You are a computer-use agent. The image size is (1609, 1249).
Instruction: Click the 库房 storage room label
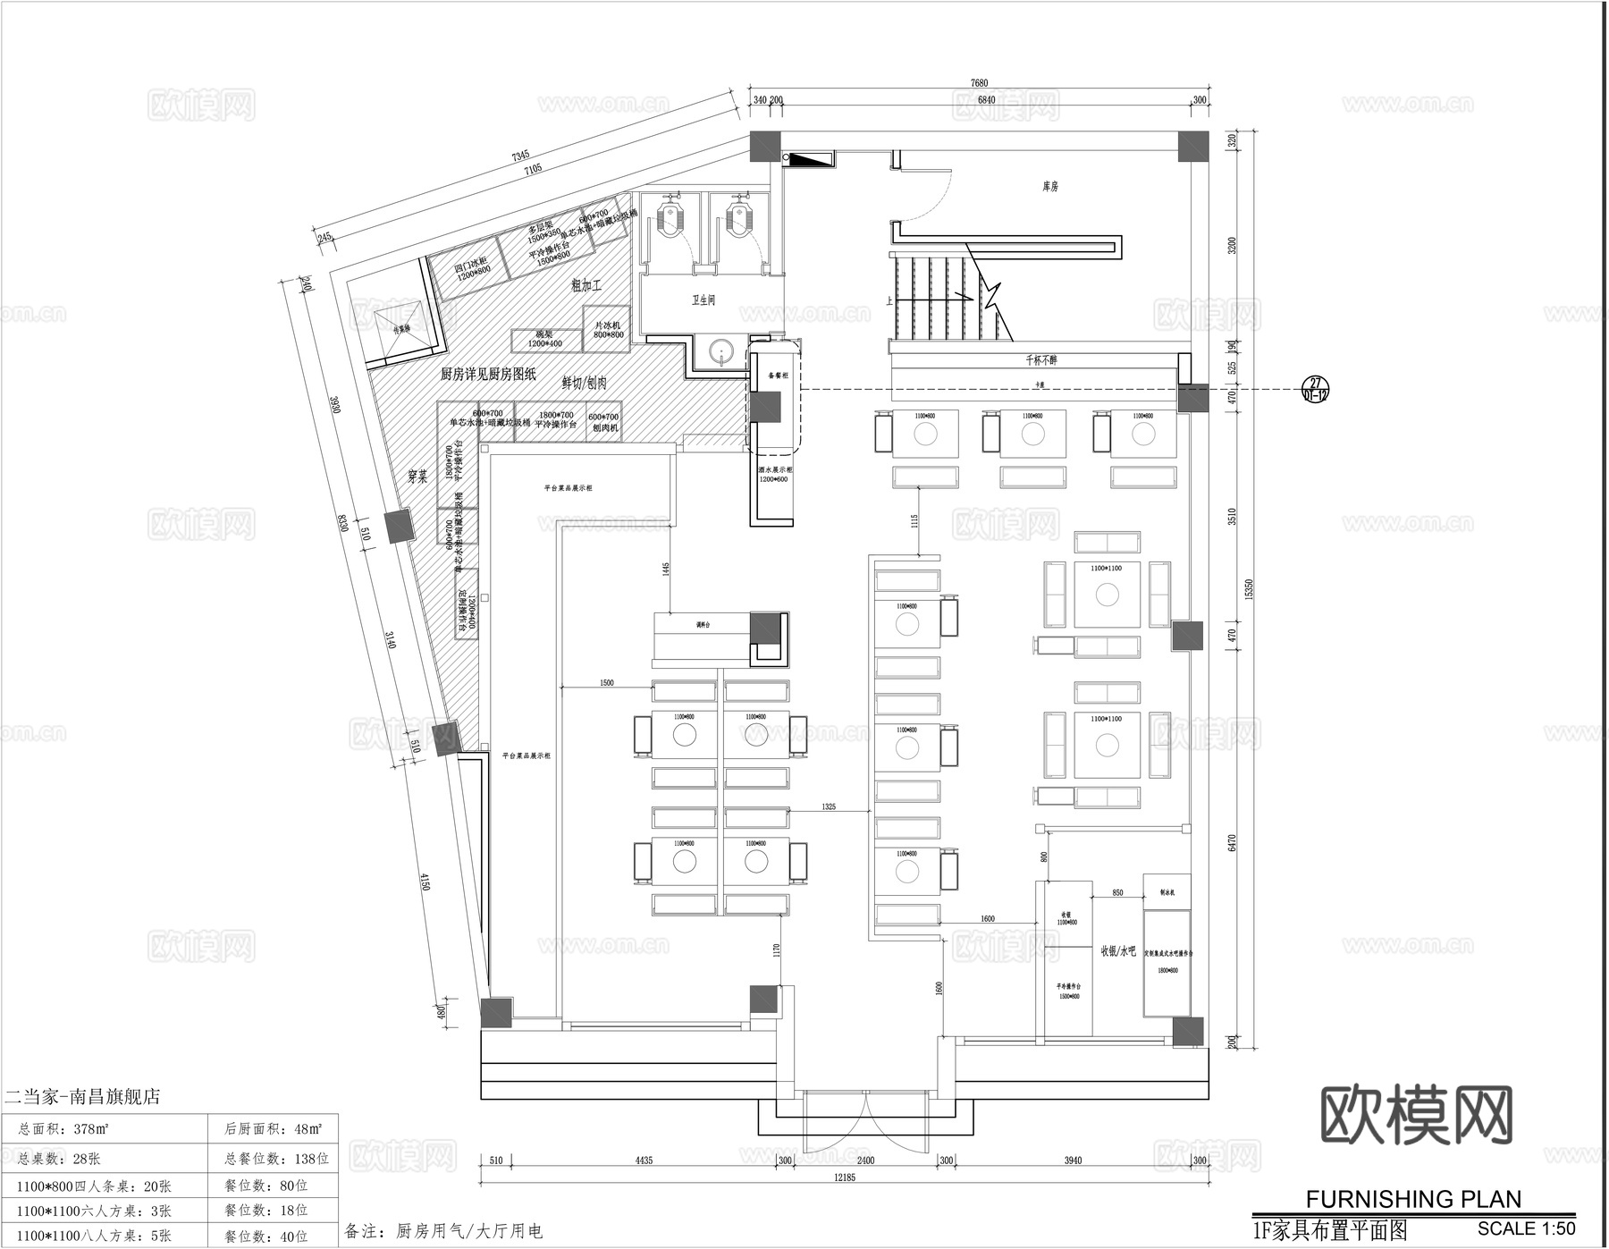[1050, 187]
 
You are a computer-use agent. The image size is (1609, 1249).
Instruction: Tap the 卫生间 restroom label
[703, 300]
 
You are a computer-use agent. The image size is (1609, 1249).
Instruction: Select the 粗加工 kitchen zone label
[586, 286]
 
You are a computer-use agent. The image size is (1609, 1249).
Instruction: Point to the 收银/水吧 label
[1117, 951]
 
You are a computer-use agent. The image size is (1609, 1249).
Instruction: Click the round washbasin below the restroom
[722, 354]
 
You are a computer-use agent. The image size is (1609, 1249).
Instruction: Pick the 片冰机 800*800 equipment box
[608, 329]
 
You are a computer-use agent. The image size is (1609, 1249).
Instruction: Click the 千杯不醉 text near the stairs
[1041, 360]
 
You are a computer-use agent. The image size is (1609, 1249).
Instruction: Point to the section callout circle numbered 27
[1314, 389]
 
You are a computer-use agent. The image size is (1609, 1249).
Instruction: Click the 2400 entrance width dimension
[864, 1160]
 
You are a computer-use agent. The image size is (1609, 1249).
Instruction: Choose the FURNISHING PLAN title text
[1413, 1199]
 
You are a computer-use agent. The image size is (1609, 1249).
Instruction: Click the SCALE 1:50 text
[1526, 1228]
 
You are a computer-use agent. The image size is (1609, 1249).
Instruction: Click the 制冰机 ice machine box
[1167, 892]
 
